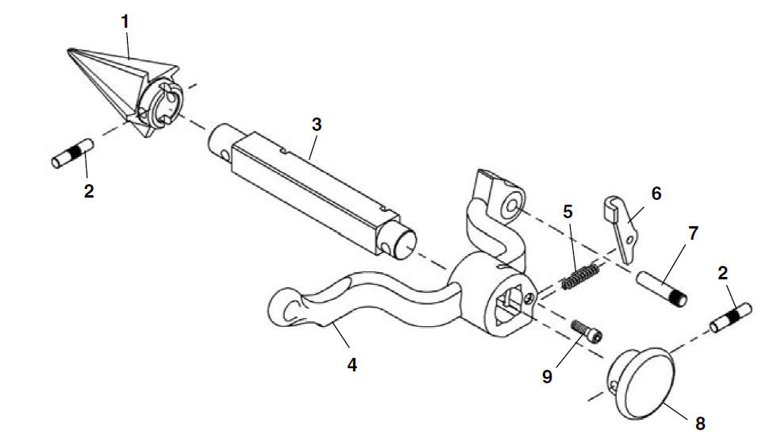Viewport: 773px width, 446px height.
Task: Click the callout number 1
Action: pos(125,21)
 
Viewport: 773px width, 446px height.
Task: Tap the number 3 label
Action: pos(317,124)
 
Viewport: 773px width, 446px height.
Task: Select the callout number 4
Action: pos(352,365)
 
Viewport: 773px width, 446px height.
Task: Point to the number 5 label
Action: pos(568,212)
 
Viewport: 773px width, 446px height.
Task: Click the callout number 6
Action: pos(656,194)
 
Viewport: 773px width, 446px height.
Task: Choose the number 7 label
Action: pos(694,233)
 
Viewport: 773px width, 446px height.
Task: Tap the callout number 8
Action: pos(700,423)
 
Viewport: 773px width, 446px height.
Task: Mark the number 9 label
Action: pos(548,376)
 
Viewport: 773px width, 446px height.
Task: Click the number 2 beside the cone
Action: pos(89,190)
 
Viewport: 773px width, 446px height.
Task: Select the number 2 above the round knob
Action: pos(723,273)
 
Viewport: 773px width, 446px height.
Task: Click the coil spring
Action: pos(581,276)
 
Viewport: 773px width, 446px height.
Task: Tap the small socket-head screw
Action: pos(586,331)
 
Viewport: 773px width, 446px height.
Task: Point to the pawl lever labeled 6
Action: pos(621,228)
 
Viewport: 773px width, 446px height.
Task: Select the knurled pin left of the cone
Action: pos(73,153)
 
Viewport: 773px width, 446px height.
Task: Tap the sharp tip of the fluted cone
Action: pos(68,49)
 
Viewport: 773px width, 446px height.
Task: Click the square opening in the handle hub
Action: pos(510,306)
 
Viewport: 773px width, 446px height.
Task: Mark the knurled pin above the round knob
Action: pos(731,318)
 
